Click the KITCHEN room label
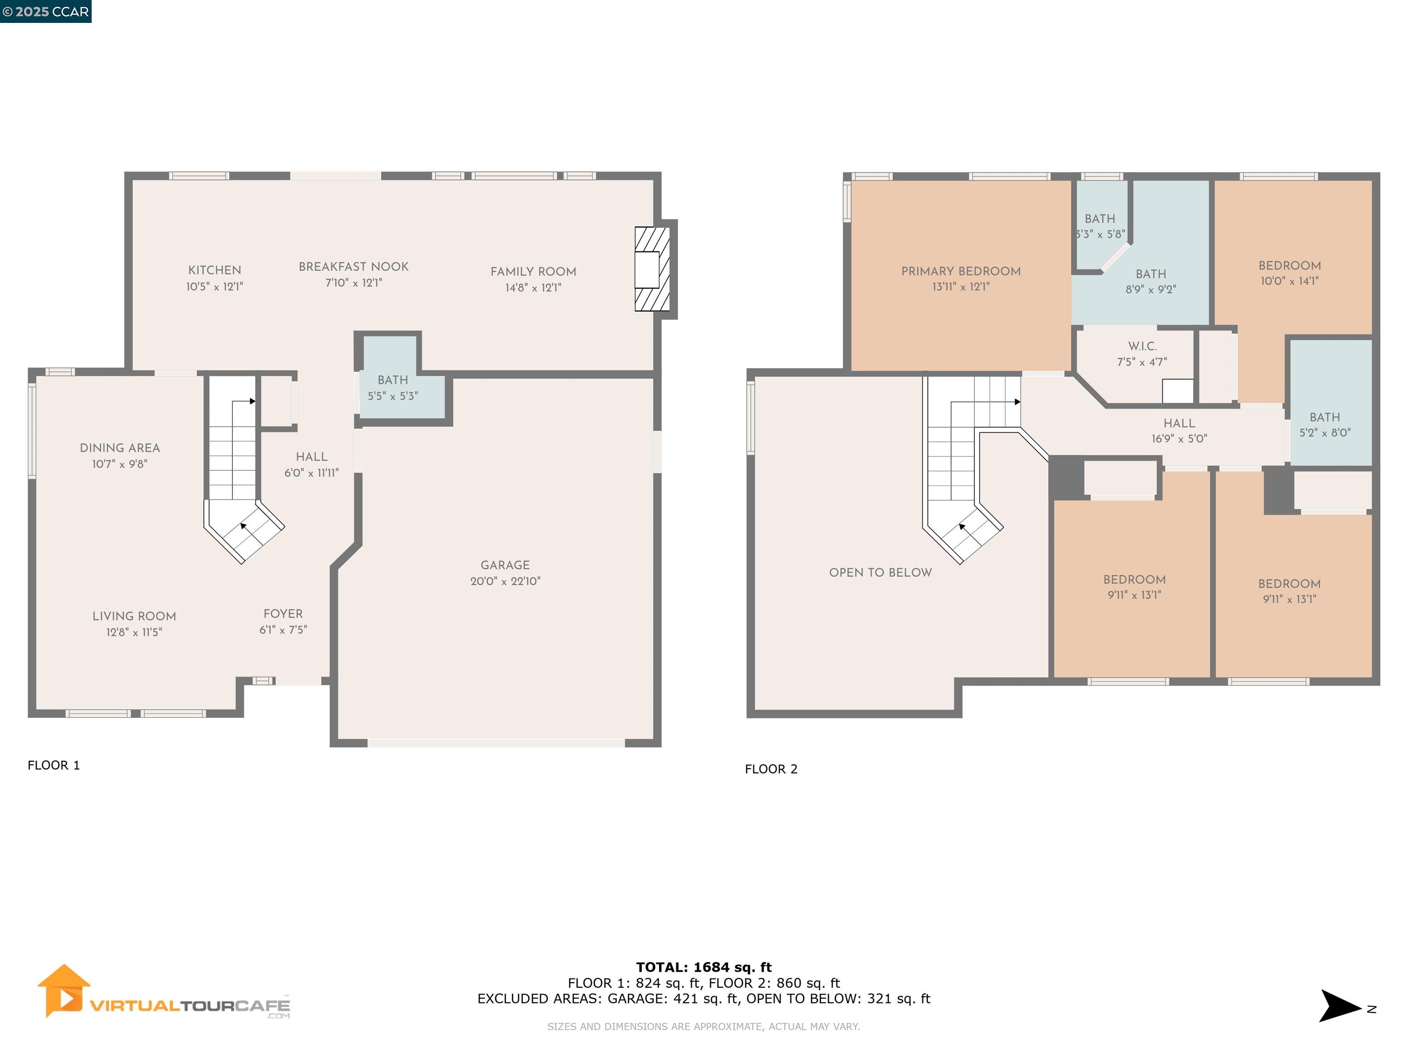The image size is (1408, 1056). (x=214, y=270)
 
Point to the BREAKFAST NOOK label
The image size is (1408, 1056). (x=353, y=267)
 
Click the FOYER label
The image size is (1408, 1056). (x=283, y=614)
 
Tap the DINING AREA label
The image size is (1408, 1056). (x=120, y=448)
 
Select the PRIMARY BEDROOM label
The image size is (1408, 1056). (x=961, y=271)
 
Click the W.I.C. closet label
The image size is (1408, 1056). (x=1142, y=346)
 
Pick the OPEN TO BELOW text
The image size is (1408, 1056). (x=880, y=572)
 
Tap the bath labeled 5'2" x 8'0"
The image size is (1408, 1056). (x=1325, y=424)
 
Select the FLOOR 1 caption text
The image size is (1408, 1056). (x=54, y=765)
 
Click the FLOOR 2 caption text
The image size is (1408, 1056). (x=771, y=769)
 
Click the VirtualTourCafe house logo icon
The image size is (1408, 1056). (x=63, y=990)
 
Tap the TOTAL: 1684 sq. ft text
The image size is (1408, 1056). (x=704, y=967)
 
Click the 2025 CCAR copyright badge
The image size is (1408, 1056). (x=45, y=11)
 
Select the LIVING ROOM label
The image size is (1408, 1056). (x=134, y=616)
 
